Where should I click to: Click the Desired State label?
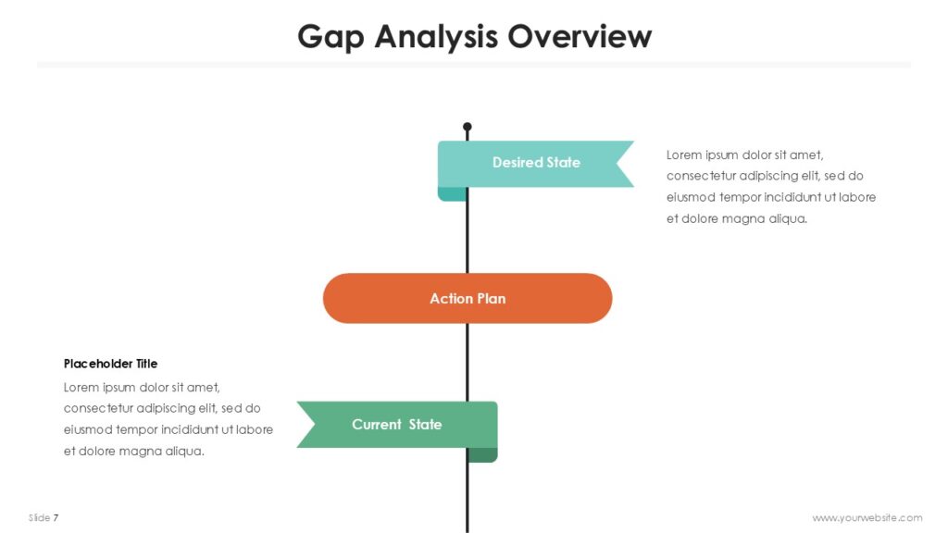[x=536, y=163]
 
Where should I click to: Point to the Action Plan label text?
[x=468, y=299]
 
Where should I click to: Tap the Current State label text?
[x=396, y=425]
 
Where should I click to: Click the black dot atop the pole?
[x=468, y=127]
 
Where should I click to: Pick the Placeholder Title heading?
[x=110, y=364]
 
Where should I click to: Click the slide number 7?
[x=56, y=517]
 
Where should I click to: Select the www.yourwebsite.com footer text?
[x=867, y=517]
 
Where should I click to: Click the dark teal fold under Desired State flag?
[x=452, y=193]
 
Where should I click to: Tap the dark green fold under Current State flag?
[x=482, y=454]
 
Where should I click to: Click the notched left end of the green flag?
[x=307, y=425]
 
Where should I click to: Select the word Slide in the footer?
[x=39, y=517]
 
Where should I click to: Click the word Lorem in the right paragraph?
[x=684, y=155]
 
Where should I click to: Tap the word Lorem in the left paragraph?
[x=81, y=387]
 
